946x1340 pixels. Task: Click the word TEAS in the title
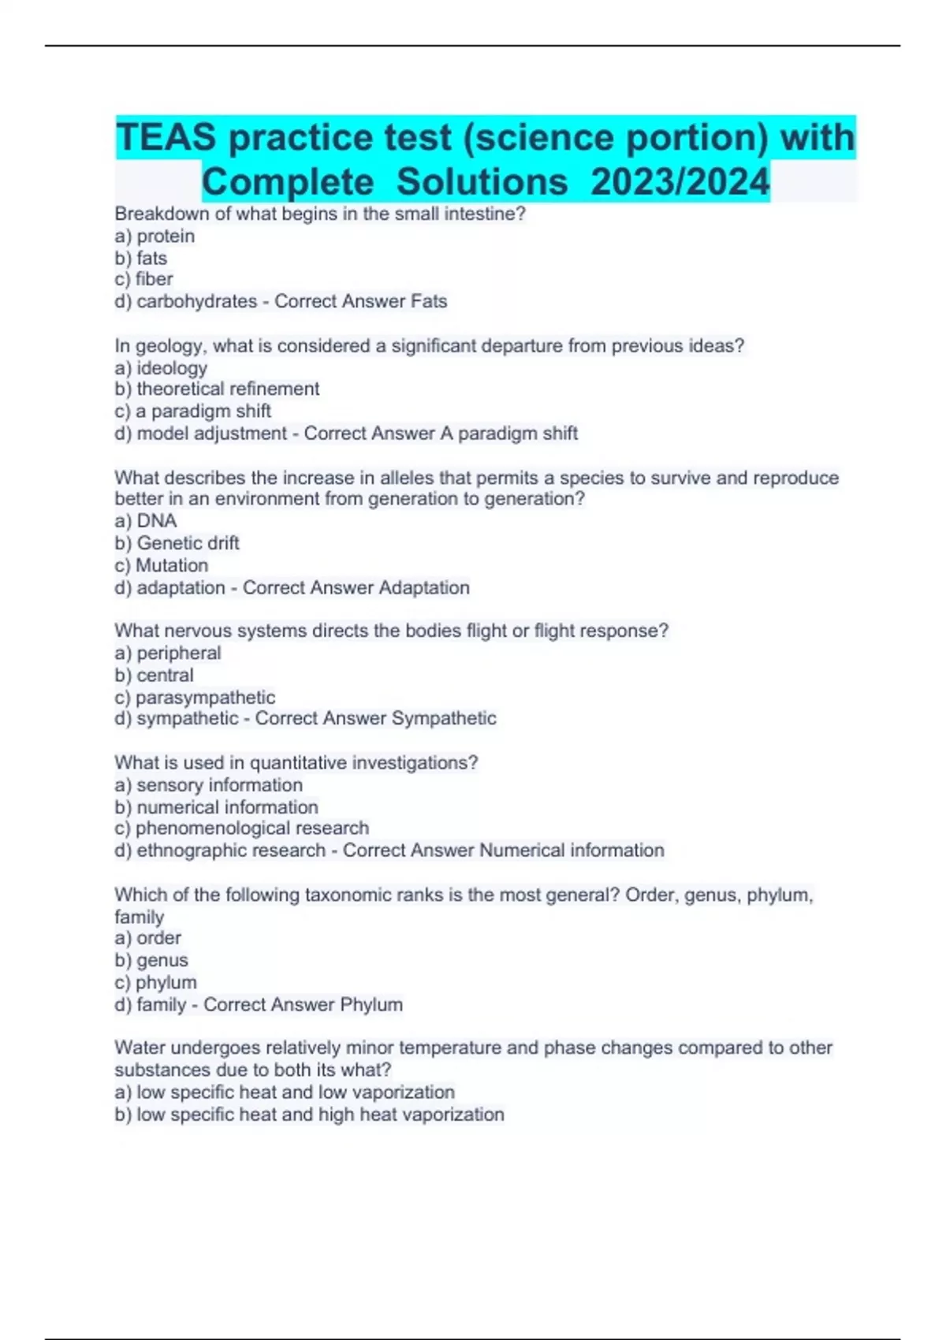166,138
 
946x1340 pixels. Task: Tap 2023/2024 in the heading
680,182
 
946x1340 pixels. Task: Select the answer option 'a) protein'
155,236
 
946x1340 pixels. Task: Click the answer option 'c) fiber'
143,279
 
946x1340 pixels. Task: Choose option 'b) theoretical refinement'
217,389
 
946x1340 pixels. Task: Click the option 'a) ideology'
161,368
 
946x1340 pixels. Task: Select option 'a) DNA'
146,521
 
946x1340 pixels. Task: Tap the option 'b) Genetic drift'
177,543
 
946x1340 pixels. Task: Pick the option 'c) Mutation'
162,566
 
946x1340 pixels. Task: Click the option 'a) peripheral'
168,653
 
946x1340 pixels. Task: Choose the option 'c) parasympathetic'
195,698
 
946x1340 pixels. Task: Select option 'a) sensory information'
209,785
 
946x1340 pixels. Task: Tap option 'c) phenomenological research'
242,828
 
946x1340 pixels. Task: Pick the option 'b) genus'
151,961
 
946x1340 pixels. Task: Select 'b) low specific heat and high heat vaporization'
309,1115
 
